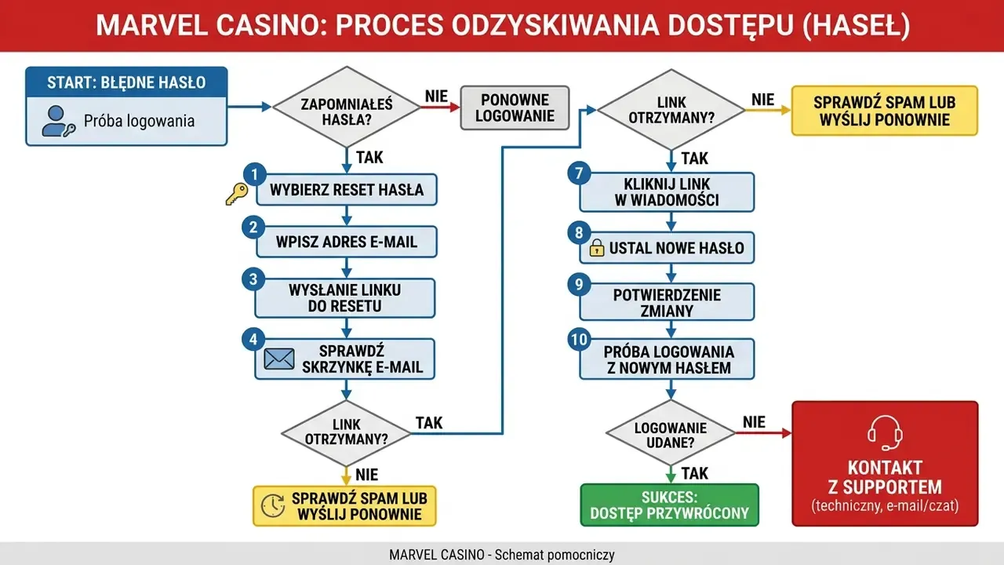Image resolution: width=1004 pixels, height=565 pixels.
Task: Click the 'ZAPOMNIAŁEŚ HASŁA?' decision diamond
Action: (347, 107)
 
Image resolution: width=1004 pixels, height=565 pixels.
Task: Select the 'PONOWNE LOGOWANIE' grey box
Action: (515, 108)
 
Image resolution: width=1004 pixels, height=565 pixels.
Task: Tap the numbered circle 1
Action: (255, 174)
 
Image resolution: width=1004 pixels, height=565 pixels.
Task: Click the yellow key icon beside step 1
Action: (237, 194)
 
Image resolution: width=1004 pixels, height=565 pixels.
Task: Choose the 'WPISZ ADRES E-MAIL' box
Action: (347, 242)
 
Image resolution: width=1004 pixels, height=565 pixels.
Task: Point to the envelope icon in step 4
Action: (279, 359)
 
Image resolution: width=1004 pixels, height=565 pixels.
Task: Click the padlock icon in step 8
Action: (597, 247)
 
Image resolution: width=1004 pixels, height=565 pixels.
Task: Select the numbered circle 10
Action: (579, 340)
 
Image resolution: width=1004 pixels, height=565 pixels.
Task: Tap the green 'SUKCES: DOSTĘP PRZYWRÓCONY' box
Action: (670, 505)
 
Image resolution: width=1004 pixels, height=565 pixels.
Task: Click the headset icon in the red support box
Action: (885, 432)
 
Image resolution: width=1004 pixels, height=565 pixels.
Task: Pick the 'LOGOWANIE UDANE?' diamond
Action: (671, 433)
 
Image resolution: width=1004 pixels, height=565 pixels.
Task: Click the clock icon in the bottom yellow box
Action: (272, 506)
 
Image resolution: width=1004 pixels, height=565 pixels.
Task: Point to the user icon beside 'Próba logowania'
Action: (58, 121)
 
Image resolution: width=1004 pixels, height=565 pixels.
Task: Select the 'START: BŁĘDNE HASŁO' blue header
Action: (126, 82)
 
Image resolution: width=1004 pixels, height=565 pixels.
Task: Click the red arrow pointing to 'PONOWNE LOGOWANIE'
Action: (441, 108)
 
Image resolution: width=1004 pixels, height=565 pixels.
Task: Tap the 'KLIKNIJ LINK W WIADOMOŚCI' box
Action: (667, 192)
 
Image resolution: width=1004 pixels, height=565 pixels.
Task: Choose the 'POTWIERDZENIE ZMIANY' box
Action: (667, 302)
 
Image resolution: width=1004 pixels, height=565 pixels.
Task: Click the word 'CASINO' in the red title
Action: (267, 25)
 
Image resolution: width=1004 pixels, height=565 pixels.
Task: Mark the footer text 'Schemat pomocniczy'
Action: (555, 555)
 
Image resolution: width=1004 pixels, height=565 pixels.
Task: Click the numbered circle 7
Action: (579, 173)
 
